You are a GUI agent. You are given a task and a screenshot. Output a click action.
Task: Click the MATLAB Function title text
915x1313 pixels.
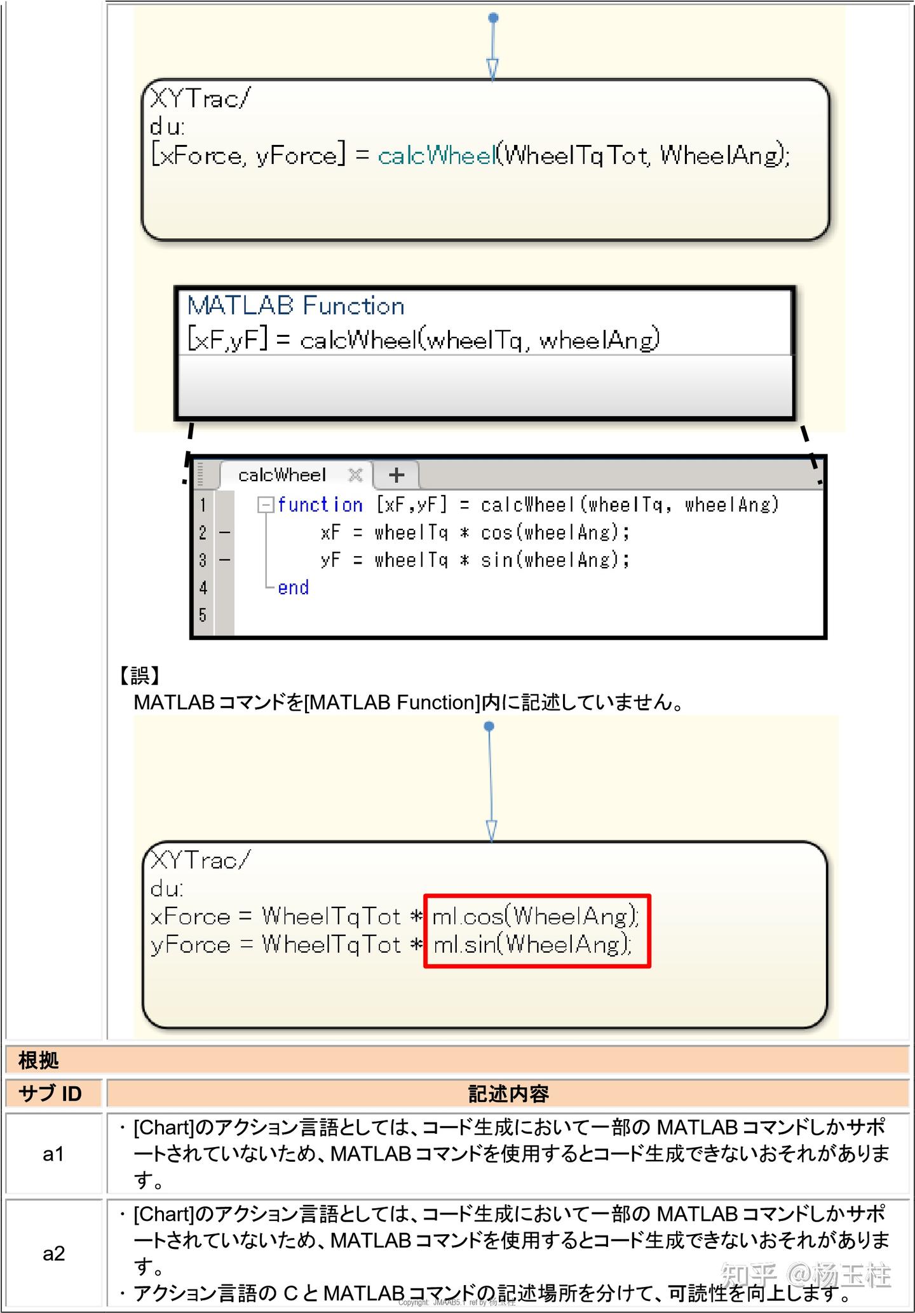click(x=295, y=306)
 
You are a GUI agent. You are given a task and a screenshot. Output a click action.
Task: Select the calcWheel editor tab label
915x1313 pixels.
click(x=281, y=475)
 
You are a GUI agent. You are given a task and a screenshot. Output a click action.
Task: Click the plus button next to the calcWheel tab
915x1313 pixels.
click(x=396, y=475)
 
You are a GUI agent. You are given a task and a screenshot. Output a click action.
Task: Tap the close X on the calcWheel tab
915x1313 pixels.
click(x=355, y=475)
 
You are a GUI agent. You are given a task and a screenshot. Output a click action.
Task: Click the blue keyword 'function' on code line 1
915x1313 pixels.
click(x=320, y=505)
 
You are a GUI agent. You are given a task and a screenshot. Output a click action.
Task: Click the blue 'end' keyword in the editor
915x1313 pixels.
click(x=293, y=587)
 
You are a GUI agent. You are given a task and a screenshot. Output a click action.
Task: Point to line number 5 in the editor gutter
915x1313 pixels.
click(x=203, y=615)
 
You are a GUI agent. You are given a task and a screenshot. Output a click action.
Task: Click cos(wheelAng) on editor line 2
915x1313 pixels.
click(x=550, y=532)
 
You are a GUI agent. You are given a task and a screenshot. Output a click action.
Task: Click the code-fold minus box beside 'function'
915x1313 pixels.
click(x=265, y=505)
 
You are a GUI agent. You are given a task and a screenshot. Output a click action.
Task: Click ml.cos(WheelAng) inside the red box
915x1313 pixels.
click(x=535, y=916)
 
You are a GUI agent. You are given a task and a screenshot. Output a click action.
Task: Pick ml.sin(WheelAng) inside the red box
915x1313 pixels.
click(x=532, y=944)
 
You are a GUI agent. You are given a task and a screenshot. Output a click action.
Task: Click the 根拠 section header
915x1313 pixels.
click(x=39, y=1060)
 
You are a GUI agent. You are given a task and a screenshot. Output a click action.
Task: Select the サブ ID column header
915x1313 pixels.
click(x=51, y=1093)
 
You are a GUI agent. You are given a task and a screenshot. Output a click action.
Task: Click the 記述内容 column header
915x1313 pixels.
click(x=508, y=1093)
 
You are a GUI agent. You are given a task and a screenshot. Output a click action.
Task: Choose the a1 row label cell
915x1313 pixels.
click(x=53, y=1153)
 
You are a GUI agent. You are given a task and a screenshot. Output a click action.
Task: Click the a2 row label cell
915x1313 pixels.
click(x=53, y=1253)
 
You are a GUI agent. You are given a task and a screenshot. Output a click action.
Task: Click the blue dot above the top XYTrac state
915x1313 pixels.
click(x=493, y=18)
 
